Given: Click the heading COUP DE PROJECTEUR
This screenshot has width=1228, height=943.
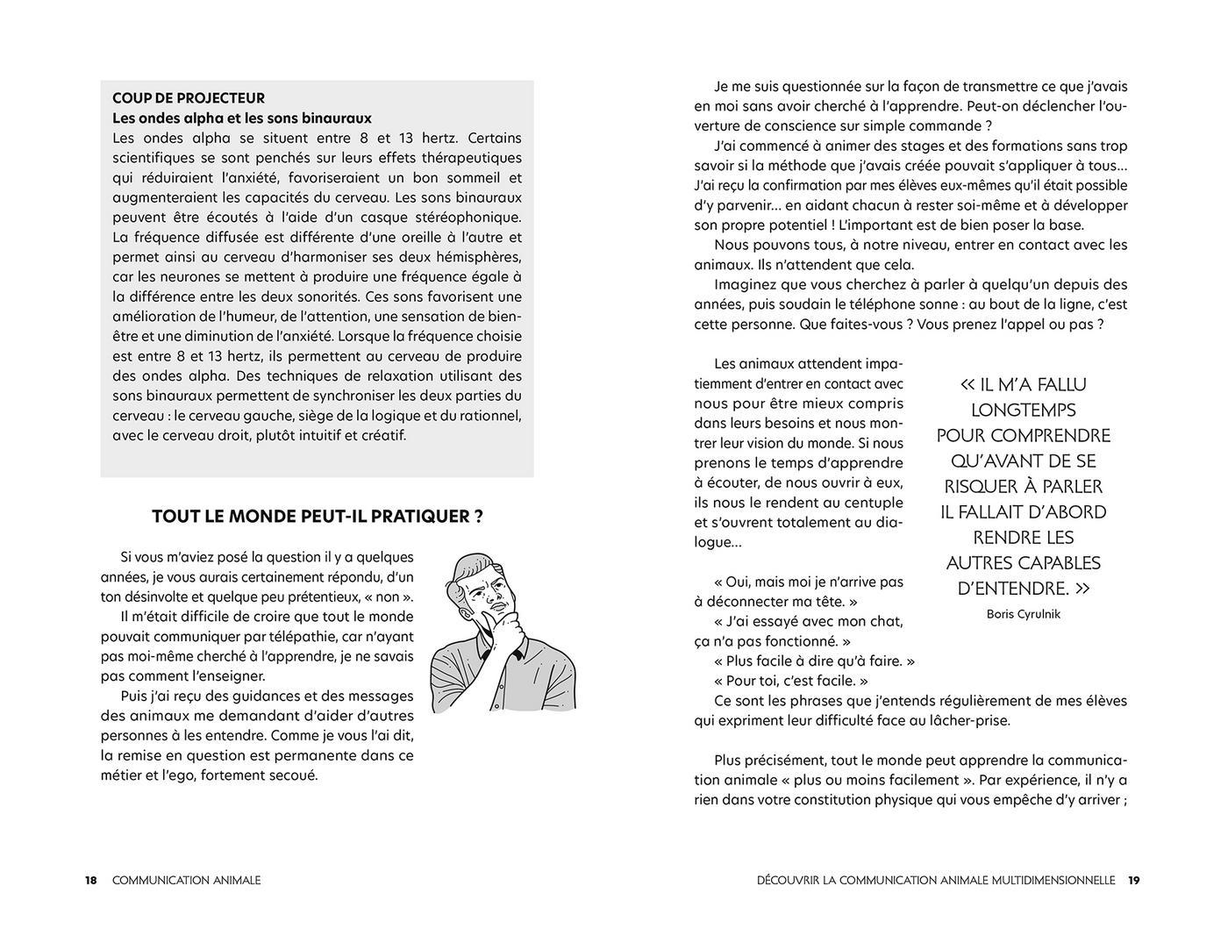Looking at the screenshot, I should point(189,98).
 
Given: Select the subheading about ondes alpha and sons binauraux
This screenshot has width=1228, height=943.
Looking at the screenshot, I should point(242,118).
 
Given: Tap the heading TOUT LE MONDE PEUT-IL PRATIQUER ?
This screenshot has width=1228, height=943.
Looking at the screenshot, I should point(317,517).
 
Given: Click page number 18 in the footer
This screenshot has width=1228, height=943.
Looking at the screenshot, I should point(91,880).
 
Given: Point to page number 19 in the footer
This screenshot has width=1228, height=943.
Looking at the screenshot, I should point(1133,880).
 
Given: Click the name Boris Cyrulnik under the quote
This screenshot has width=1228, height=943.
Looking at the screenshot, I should point(1023,614).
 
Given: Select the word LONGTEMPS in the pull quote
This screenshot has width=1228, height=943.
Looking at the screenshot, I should point(1024,411).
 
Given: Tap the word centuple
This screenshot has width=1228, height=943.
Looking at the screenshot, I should point(869,503).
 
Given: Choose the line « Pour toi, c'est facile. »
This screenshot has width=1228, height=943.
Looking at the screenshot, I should point(790,681).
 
